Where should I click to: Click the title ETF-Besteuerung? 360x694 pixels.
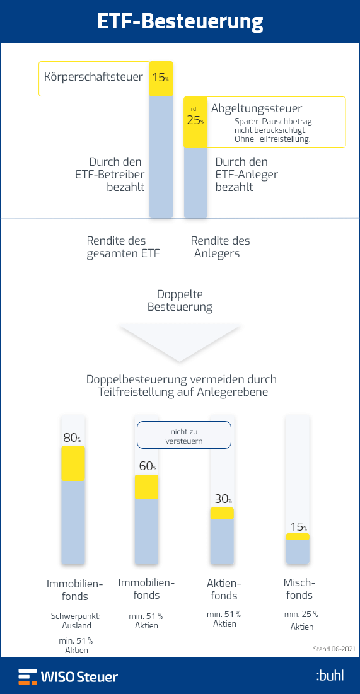[x=180, y=21]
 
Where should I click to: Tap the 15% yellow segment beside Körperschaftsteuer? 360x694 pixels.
[x=161, y=79]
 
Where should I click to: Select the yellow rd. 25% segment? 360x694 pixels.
[x=195, y=122]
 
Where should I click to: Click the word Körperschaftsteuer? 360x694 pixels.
[x=93, y=77]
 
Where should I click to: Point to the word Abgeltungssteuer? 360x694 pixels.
[x=257, y=108]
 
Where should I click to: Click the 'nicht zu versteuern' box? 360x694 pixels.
[x=183, y=435]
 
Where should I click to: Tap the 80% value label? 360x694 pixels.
[x=72, y=438]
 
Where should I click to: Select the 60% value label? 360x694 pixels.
[x=148, y=466]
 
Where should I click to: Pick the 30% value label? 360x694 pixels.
[x=223, y=499]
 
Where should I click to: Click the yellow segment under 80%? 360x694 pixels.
[x=73, y=463]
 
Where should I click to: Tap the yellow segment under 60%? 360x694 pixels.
[x=146, y=487]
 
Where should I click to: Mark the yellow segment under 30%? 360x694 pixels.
[x=222, y=514]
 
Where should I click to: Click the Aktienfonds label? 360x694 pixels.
[x=224, y=589]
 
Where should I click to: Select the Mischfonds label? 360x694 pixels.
[x=299, y=588]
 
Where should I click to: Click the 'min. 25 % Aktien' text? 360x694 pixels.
[x=301, y=620]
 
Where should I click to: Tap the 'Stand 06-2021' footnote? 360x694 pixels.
[x=334, y=649]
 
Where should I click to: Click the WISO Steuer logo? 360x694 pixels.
[x=68, y=677]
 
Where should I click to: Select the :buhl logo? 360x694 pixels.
[x=330, y=676]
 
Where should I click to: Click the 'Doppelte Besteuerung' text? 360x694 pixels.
[x=180, y=301]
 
